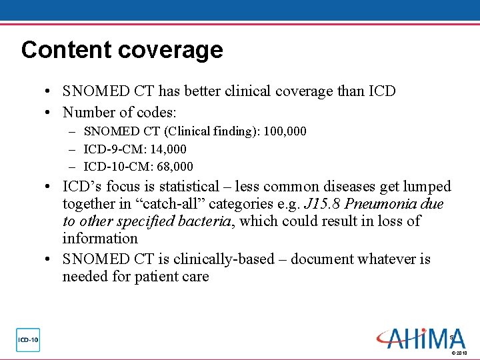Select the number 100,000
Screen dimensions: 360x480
point(285,132)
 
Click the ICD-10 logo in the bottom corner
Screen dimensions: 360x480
point(28,340)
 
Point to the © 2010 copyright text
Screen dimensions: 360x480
point(459,353)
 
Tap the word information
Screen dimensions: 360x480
point(100,239)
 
